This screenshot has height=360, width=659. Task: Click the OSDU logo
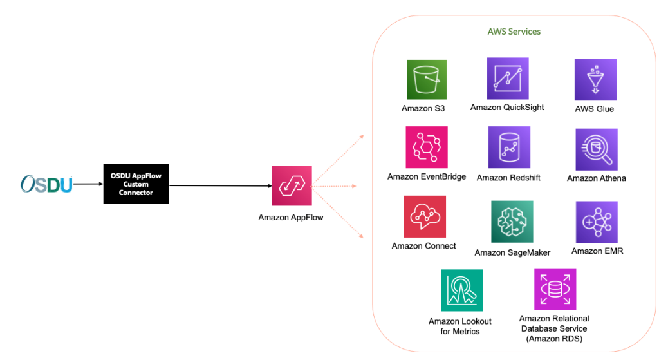tap(46, 184)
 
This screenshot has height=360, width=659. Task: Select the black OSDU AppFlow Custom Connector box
tap(136, 184)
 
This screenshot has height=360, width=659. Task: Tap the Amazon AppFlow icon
tap(292, 186)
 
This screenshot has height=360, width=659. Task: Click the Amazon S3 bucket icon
tap(426, 80)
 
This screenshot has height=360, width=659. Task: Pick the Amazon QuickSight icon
tap(507, 79)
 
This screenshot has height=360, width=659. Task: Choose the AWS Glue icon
tap(595, 79)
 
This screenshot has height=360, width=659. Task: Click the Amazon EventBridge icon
tap(426, 147)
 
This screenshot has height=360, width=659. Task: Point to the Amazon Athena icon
tap(596, 149)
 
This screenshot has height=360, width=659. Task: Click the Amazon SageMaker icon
tap(512, 222)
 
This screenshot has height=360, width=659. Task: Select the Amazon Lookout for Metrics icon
tap(461, 290)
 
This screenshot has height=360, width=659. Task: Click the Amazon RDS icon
tap(555, 290)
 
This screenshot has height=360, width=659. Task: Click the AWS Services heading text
tap(514, 32)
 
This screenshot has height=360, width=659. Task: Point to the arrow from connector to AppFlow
tap(219, 186)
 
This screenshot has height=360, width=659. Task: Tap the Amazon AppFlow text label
tap(291, 218)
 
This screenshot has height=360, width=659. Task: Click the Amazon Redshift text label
tap(508, 178)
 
